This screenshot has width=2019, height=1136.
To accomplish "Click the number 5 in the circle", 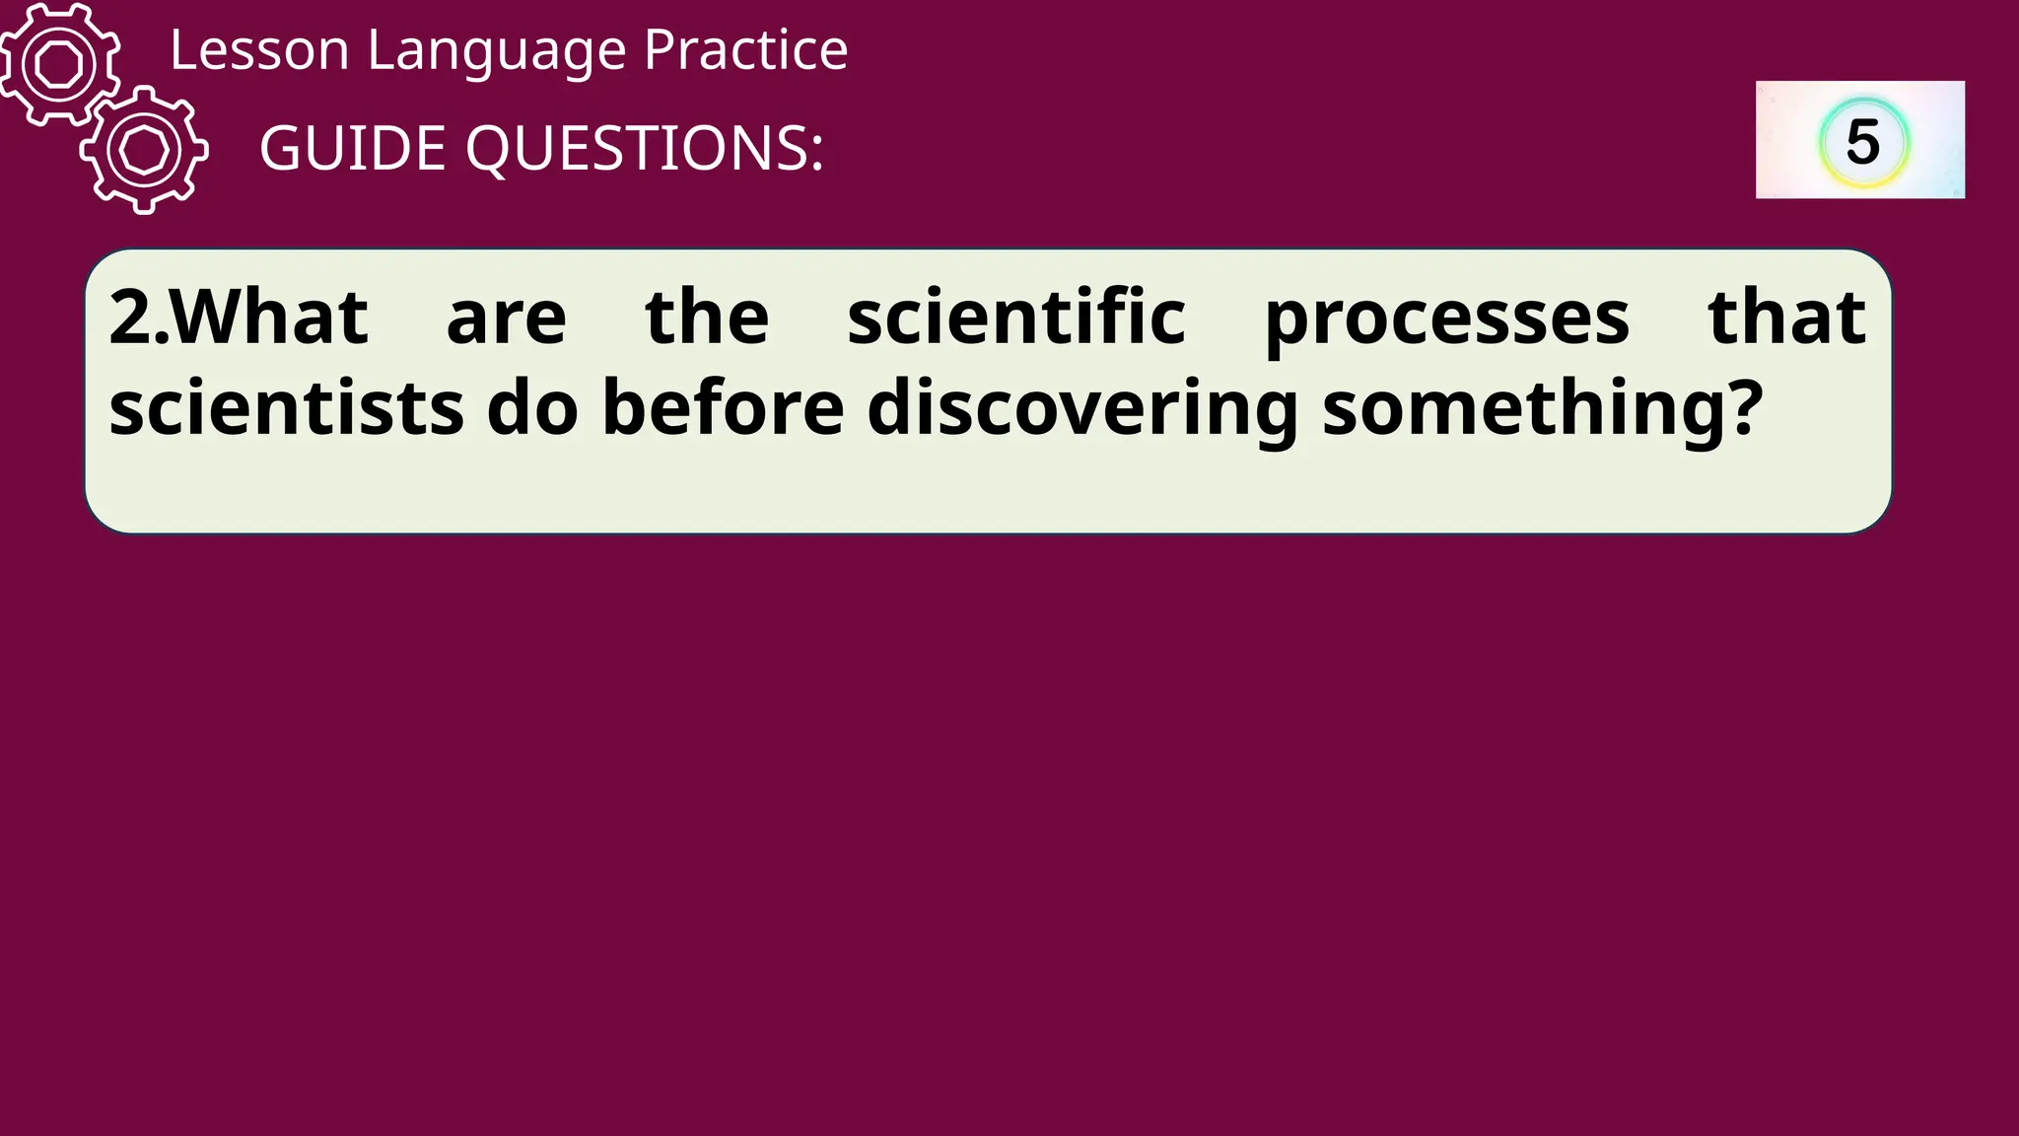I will (x=1862, y=142).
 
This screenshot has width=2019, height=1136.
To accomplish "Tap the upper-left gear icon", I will (x=59, y=64).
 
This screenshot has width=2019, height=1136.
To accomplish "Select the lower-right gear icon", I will (x=144, y=150).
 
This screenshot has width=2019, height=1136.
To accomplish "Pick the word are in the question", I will (x=506, y=319).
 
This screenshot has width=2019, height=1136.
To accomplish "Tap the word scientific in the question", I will (x=1015, y=318).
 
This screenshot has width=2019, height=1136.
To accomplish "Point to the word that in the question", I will (x=1786, y=318).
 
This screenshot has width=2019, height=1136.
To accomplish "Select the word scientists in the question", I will (x=286, y=408).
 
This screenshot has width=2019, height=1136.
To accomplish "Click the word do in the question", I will (x=532, y=408).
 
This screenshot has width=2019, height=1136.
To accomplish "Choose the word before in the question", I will (x=723, y=408).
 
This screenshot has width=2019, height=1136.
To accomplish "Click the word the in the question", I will (x=707, y=318).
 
